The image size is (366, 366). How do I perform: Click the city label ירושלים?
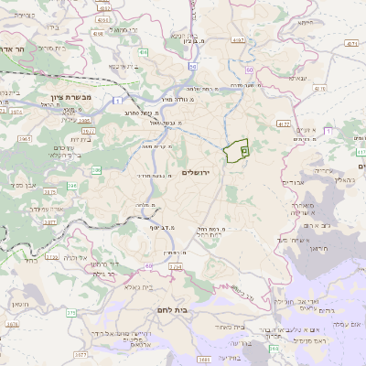coord(197,172)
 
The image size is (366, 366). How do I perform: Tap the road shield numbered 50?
coord(193,67)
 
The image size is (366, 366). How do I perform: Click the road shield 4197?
coord(239,40)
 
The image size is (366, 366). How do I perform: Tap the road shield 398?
coord(274,349)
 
